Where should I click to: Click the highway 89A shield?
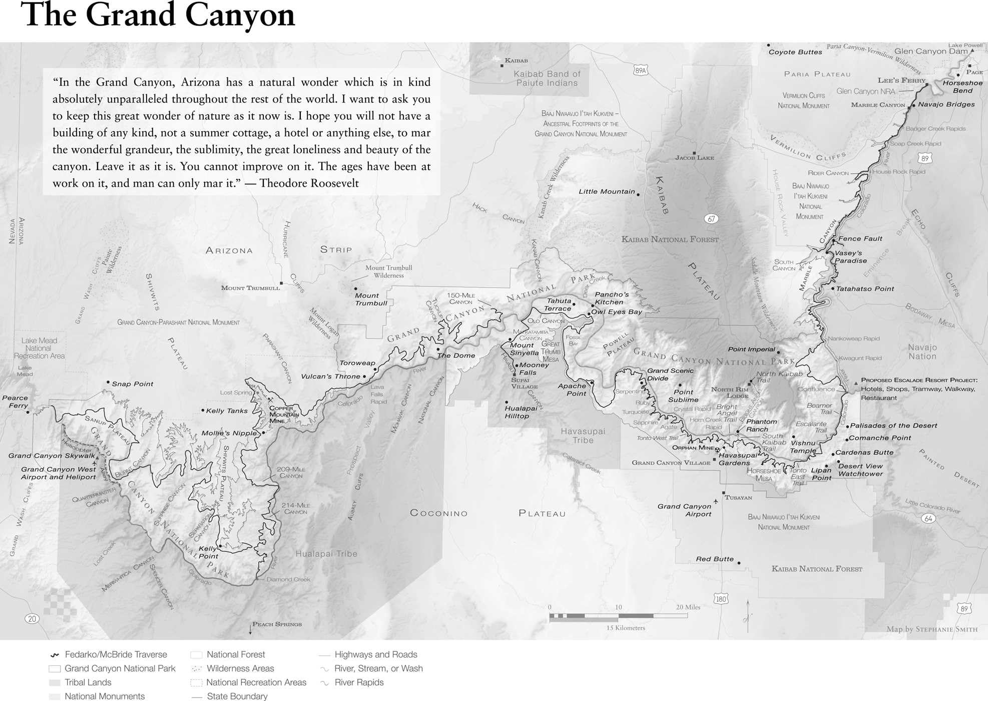click(x=640, y=71)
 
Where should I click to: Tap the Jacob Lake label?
click(x=694, y=158)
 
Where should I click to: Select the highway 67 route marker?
click(x=711, y=219)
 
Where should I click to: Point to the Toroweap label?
click(x=357, y=363)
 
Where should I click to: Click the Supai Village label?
click(x=524, y=383)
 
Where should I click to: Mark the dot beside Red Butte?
click(x=739, y=563)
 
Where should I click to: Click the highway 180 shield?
click(x=721, y=599)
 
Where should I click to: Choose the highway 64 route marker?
click(x=928, y=519)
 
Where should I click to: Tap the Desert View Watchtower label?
click(x=860, y=470)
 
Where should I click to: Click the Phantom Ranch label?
click(x=761, y=425)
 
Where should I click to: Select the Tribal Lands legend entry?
click(x=88, y=682)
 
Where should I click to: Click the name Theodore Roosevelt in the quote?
click(x=309, y=183)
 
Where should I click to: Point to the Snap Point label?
click(x=132, y=384)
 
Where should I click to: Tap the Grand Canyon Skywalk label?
click(x=51, y=456)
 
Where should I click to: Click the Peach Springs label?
click(x=277, y=624)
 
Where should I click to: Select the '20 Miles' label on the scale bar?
click(x=688, y=607)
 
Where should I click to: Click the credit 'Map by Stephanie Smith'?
click(x=931, y=629)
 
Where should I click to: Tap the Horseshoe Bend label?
click(x=962, y=87)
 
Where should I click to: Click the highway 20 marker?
click(x=32, y=619)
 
